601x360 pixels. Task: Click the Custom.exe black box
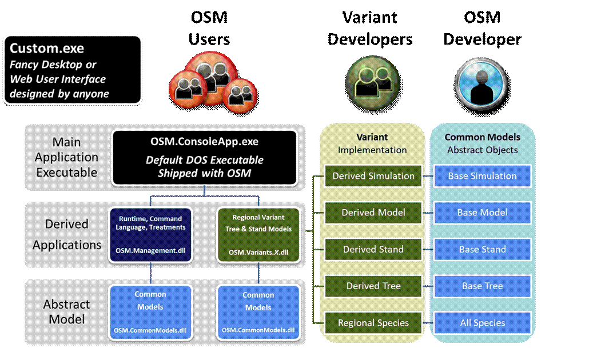(x=73, y=70)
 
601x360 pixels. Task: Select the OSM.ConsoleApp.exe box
(x=205, y=158)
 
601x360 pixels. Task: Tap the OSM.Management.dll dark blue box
(x=151, y=235)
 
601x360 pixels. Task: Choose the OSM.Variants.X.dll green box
(x=258, y=235)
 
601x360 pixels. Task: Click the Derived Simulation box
(x=373, y=176)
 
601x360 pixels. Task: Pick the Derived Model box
(x=373, y=213)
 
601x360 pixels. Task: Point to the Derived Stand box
(x=373, y=249)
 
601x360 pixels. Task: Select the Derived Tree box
(x=373, y=286)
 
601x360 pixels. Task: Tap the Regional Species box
(x=373, y=323)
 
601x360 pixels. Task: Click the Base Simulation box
(x=482, y=176)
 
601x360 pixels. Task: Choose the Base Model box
(x=482, y=213)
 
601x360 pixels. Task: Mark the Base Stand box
(x=482, y=249)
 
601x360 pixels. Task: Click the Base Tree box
(x=482, y=286)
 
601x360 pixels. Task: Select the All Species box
(x=482, y=323)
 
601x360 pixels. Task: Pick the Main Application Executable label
(x=67, y=157)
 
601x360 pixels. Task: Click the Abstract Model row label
(x=67, y=311)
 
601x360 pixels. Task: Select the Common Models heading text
(x=483, y=137)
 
